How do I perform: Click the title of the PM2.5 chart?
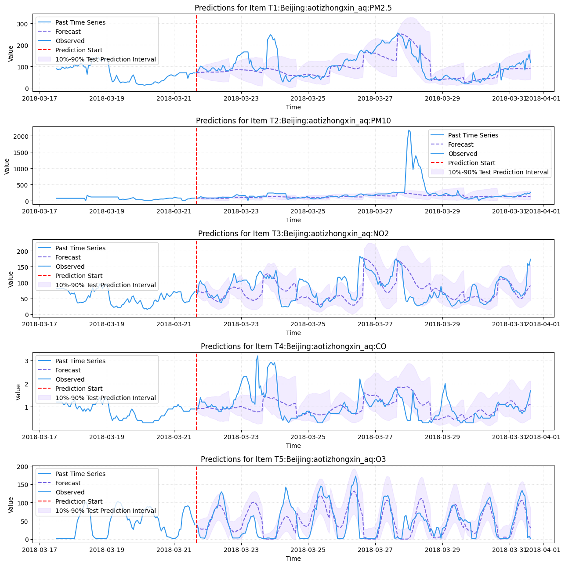(293, 8)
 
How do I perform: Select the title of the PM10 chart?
(293, 121)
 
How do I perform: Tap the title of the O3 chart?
(293, 459)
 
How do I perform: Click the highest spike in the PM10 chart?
(409, 130)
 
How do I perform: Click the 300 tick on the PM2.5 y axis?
(22, 24)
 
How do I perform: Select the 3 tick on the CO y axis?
(26, 361)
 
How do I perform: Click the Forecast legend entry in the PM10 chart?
(460, 144)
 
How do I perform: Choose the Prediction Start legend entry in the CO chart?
(79, 389)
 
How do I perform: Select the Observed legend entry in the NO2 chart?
(70, 267)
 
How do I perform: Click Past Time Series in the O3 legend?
(80, 474)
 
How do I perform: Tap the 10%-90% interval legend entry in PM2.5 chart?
(105, 59)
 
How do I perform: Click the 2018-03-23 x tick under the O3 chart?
(241, 550)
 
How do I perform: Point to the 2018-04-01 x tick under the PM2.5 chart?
(543, 98)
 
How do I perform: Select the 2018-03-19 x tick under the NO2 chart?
(107, 324)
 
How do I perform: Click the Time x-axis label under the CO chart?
(293, 446)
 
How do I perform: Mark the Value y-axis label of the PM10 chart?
(7, 166)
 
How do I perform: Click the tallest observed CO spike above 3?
(257, 356)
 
